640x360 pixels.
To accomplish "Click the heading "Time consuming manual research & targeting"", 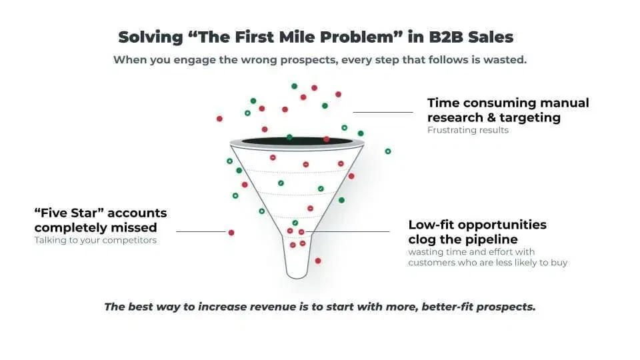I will (x=507, y=110).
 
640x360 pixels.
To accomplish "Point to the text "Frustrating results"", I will (x=467, y=130).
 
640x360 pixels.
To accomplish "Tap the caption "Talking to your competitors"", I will (x=95, y=240).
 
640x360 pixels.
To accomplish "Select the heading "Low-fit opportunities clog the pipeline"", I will (x=477, y=231).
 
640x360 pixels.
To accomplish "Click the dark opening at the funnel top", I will (x=297, y=141).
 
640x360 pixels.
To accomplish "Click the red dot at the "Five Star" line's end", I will (x=231, y=232).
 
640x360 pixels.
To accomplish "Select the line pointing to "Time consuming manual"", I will (x=383, y=112).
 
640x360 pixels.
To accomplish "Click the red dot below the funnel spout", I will (x=318, y=261).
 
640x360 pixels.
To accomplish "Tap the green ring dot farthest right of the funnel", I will (x=388, y=151).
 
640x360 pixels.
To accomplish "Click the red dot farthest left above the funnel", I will (x=219, y=119).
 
